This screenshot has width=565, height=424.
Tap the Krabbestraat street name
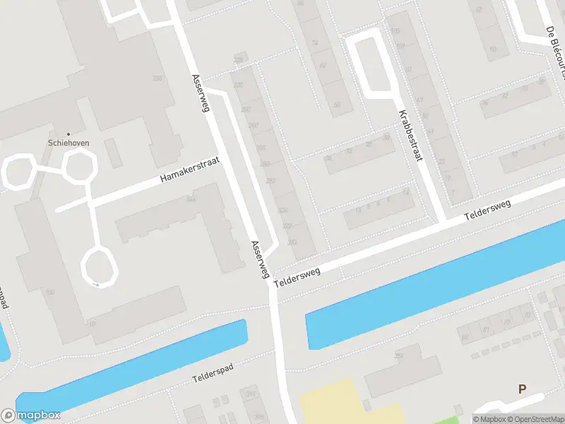point(410,136)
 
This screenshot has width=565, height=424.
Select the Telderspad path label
point(223,370)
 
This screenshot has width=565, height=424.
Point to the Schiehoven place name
point(68,141)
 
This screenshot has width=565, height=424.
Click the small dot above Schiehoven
point(69,133)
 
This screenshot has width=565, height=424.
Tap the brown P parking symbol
point(523,389)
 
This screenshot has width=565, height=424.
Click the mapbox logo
point(31,416)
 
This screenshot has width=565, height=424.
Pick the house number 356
point(398,356)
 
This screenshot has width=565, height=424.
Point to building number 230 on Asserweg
point(237,86)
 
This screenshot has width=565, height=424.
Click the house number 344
point(191,199)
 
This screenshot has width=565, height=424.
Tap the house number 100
point(49,292)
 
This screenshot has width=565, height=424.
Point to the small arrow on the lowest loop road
point(95,284)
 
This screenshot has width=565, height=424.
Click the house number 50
point(337,105)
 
